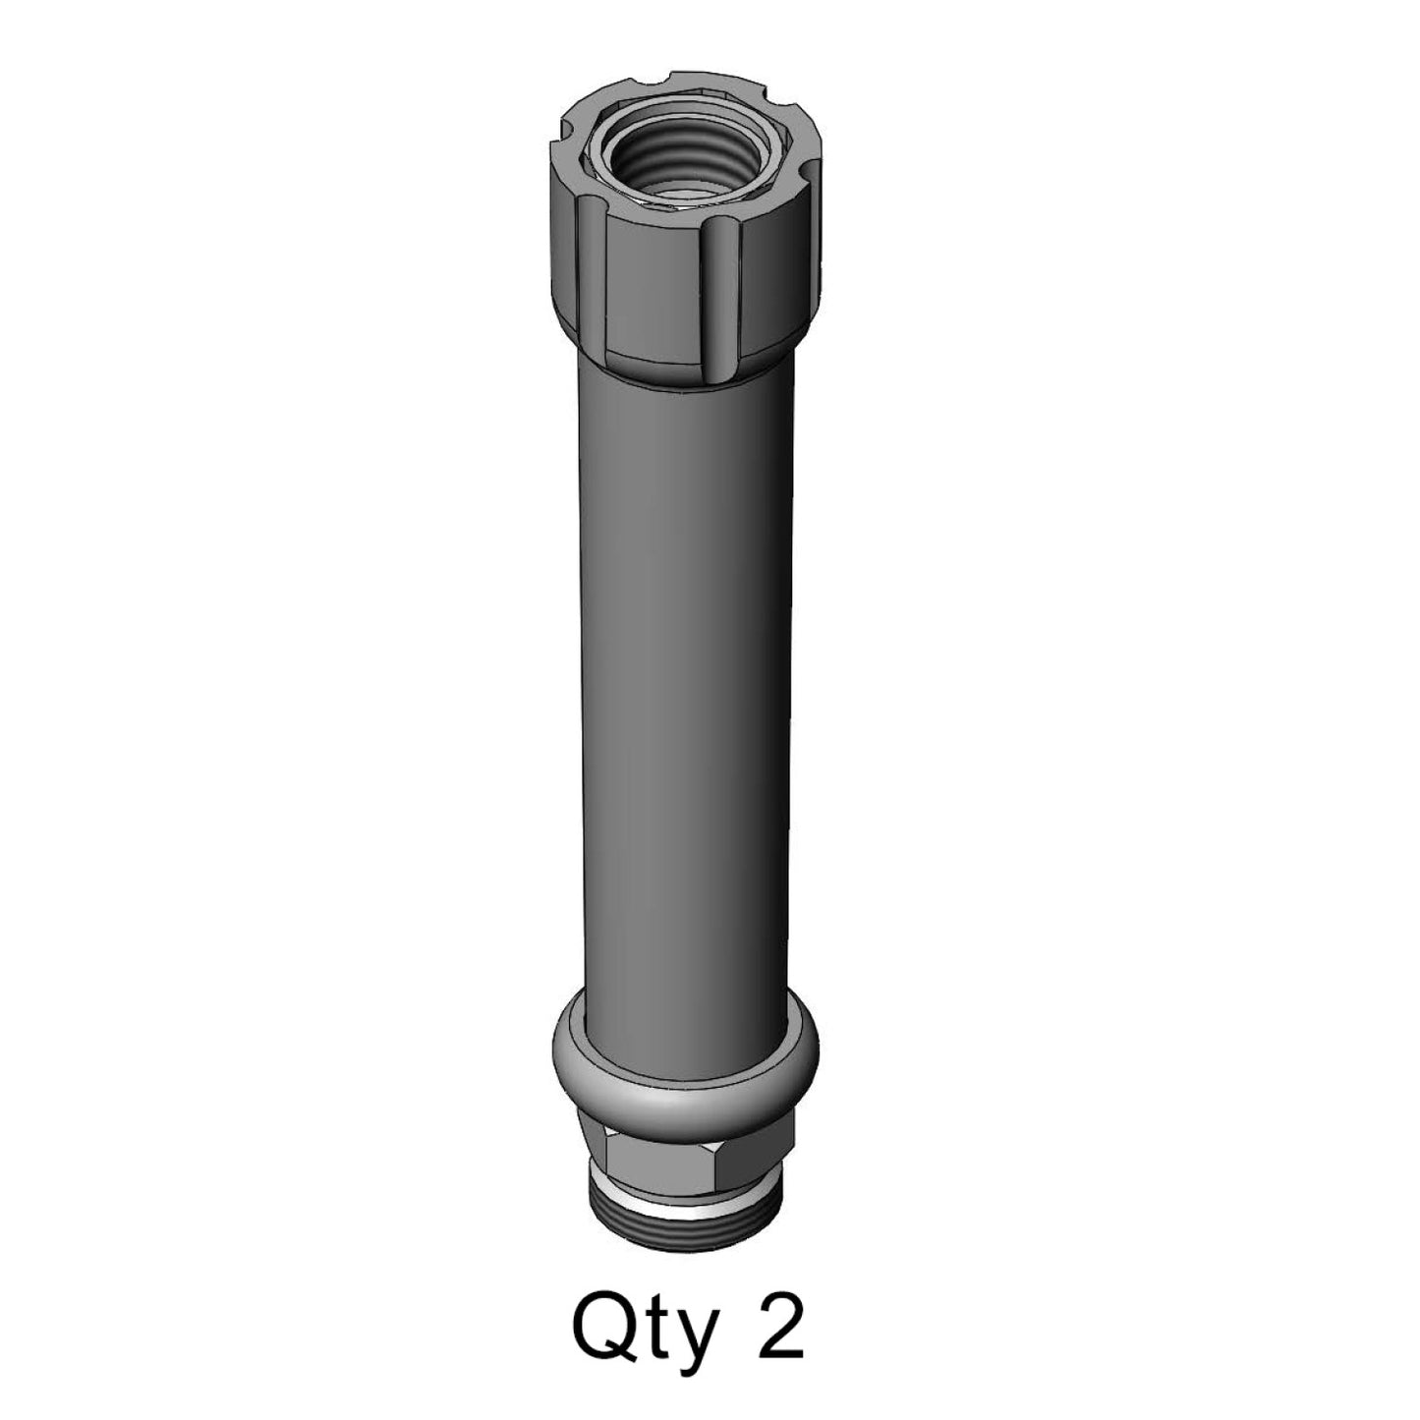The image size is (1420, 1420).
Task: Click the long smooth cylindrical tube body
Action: tap(685, 688)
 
